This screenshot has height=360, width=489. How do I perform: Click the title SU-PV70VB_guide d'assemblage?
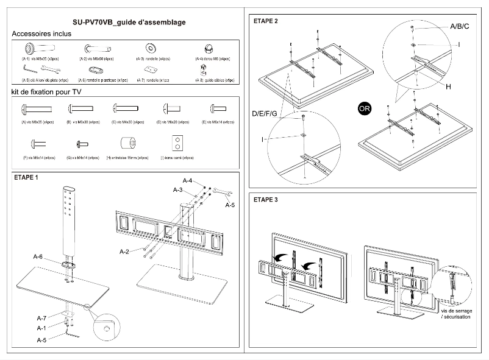point(124,23)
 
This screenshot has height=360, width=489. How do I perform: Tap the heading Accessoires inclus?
point(41,34)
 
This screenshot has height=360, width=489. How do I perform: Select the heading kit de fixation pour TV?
point(47,92)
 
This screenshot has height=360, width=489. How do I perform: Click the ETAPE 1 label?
point(26,178)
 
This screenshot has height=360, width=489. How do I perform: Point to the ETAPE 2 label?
point(265,21)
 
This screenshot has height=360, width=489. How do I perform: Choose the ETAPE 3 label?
point(265,199)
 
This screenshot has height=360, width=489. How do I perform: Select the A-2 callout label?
point(124,252)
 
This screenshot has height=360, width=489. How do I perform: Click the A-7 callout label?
point(41,318)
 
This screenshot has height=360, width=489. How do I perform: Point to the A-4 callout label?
point(188,181)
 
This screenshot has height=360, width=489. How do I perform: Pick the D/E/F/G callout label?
point(265,114)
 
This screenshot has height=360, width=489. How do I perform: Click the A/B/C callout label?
point(459,26)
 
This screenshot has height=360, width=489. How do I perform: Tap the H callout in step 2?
point(448,87)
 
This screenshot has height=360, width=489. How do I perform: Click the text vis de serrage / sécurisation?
point(456,314)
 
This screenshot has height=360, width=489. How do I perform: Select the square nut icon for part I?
point(177,143)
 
